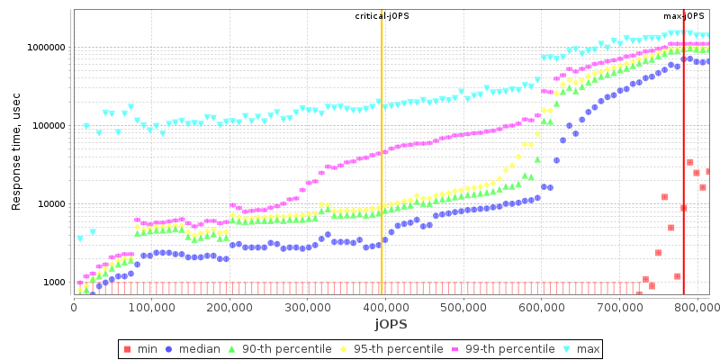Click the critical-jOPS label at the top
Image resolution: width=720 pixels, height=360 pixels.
[382, 16]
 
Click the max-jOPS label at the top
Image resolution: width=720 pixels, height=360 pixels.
[684, 16]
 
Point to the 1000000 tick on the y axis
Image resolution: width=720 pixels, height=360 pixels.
[45, 47]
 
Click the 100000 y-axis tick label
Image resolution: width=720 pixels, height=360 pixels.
[48, 125]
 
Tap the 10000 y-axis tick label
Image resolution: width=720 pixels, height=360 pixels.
[50, 204]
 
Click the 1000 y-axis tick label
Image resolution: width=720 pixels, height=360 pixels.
[53, 283]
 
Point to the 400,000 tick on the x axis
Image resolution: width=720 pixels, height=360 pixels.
[385, 307]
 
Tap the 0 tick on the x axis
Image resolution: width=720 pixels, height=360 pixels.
[74, 307]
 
